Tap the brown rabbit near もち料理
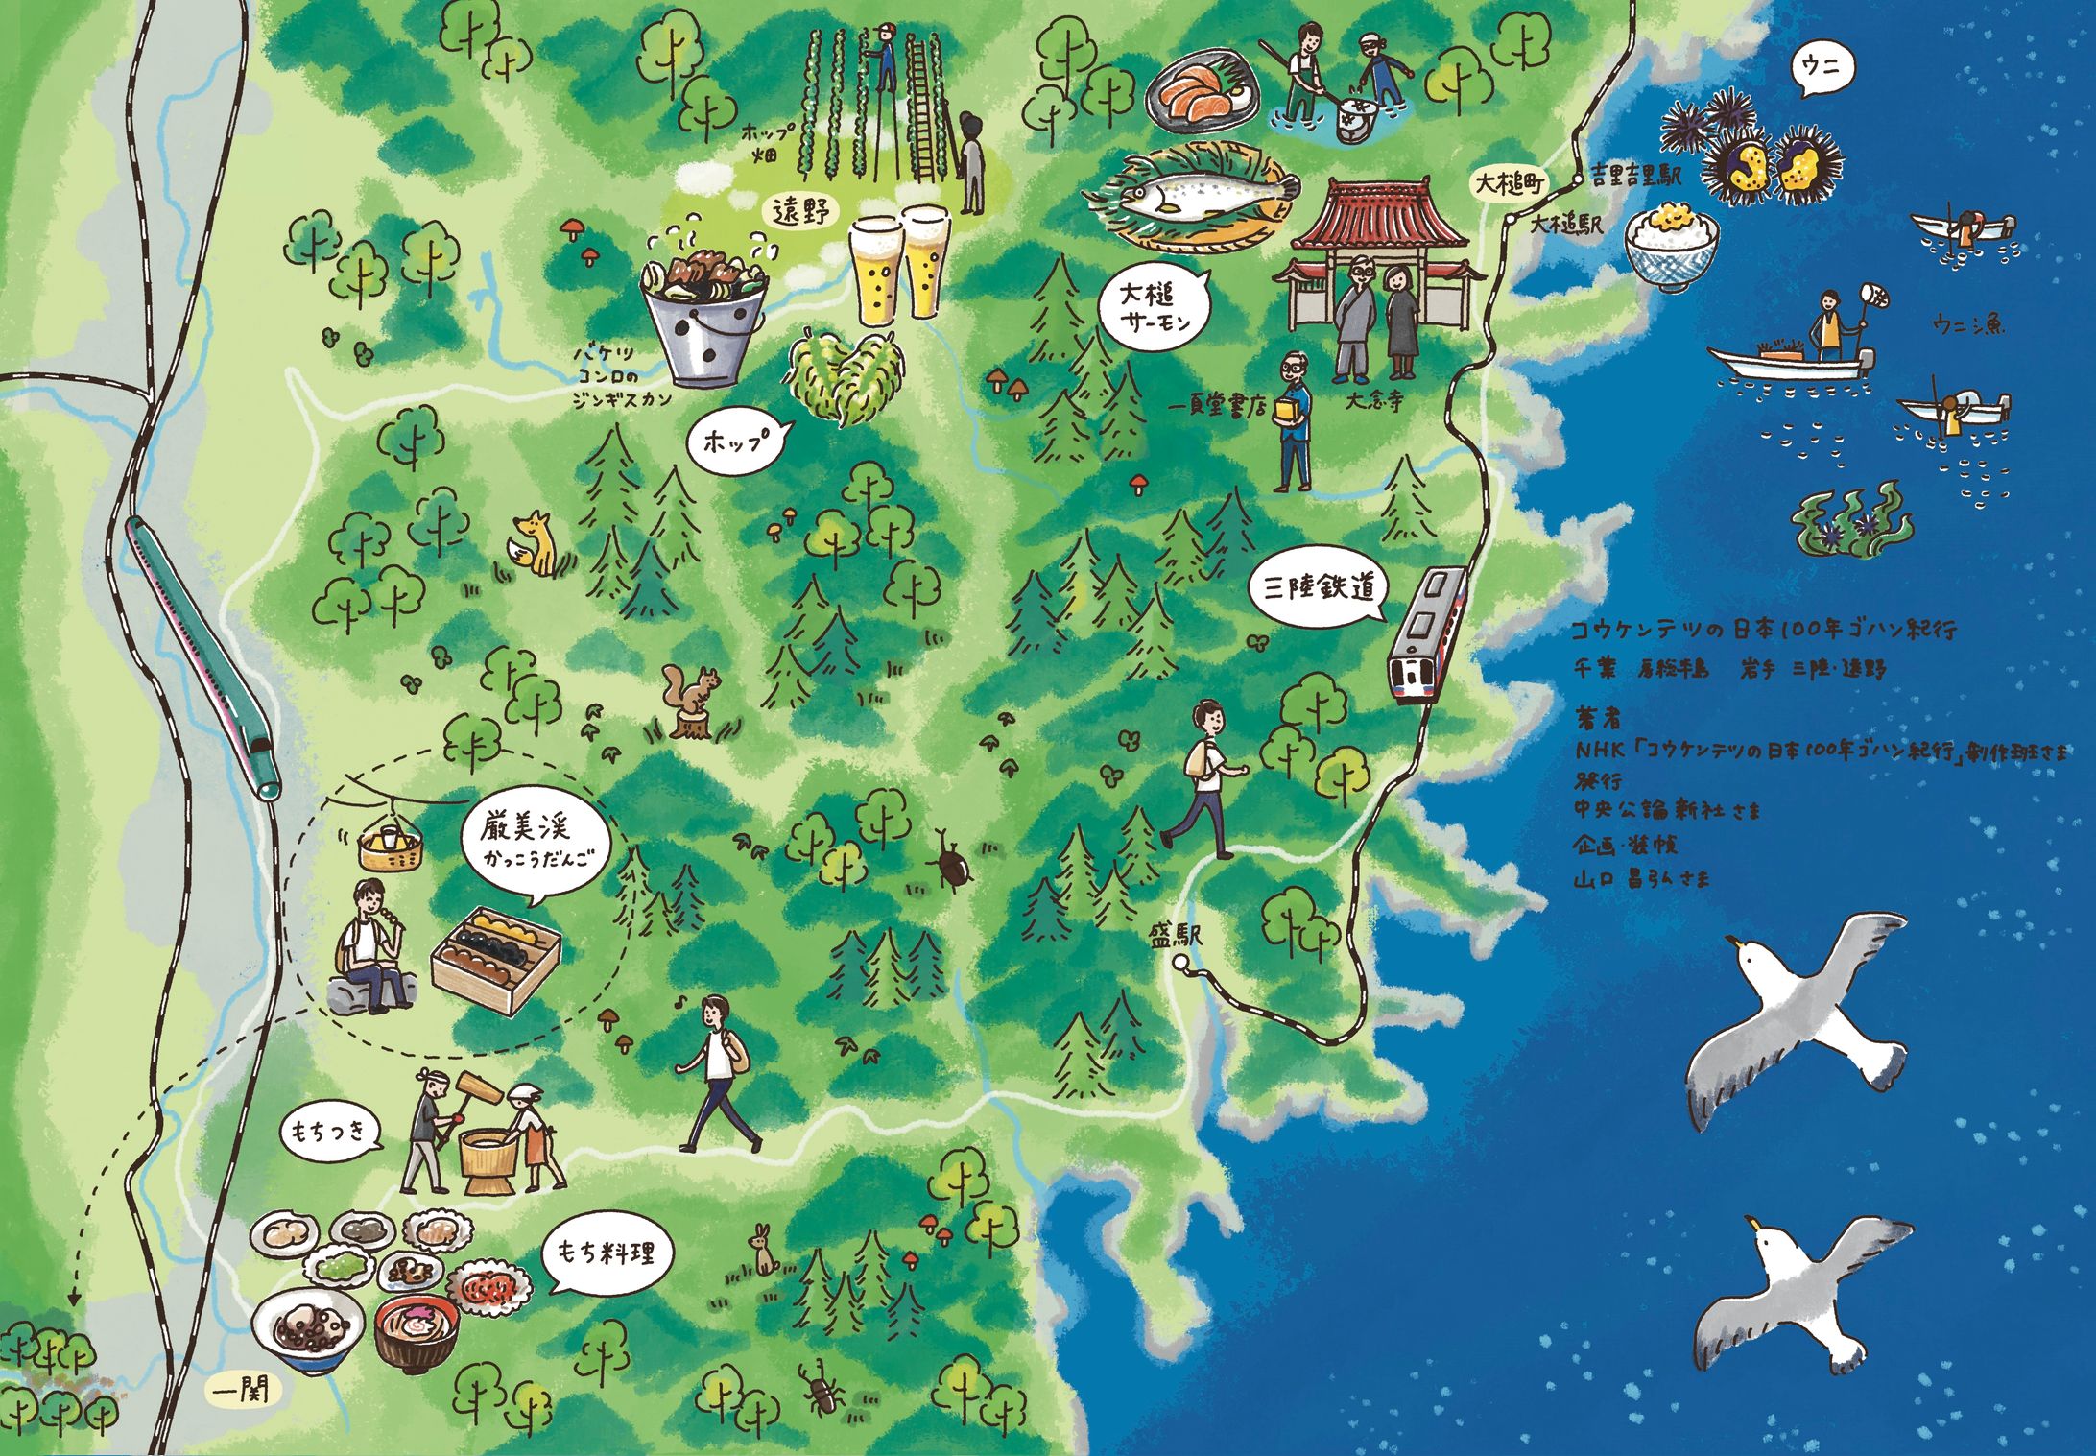pyautogui.click(x=765, y=1252)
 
